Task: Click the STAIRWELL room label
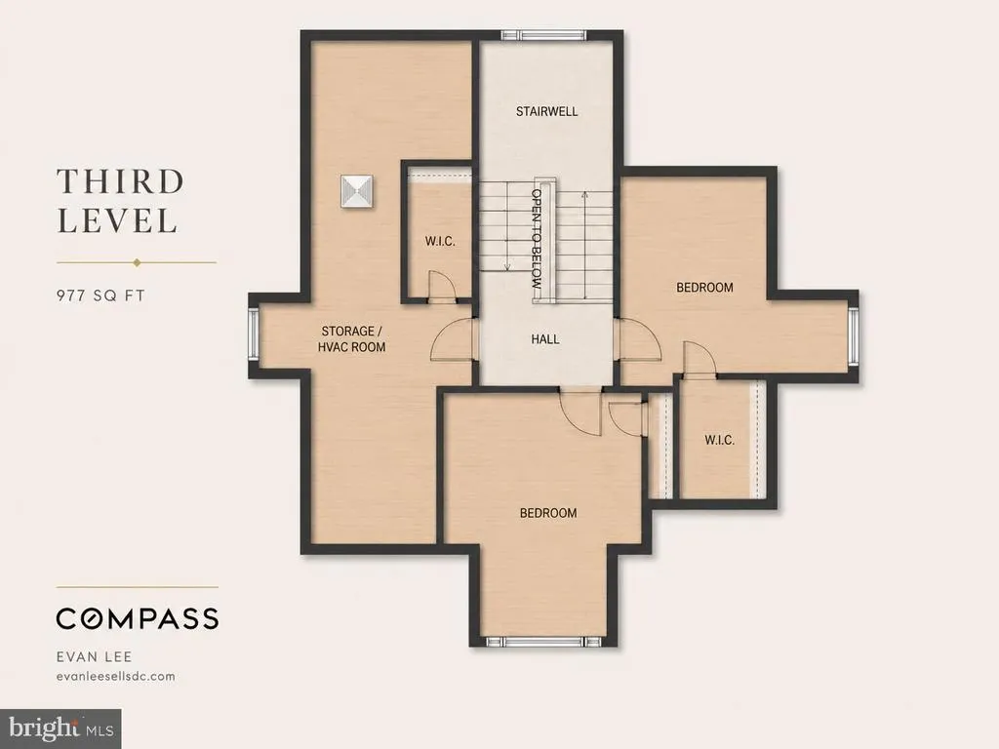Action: (x=546, y=111)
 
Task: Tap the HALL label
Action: (x=545, y=339)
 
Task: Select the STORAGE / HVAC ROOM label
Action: (x=351, y=338)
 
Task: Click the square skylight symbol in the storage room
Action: (x=357, y=192)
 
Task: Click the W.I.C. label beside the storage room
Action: (x=440, y=242)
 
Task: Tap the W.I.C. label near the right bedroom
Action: (x=719, y=440)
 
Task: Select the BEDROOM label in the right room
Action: (x=704, y=288)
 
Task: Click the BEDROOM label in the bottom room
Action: (x=548, y=513)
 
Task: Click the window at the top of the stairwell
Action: (x=542, y=35)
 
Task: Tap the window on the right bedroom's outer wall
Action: (x=853, y=336)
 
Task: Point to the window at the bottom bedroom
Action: (x=543, y=641)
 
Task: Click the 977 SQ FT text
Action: (x=100, y=296)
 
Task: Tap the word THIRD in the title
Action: (x=120, y=181)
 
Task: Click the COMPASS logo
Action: (x=138, y=618)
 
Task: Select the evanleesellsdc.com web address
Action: (x=115, y=677)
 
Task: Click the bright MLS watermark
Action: (x=60, y=729)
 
